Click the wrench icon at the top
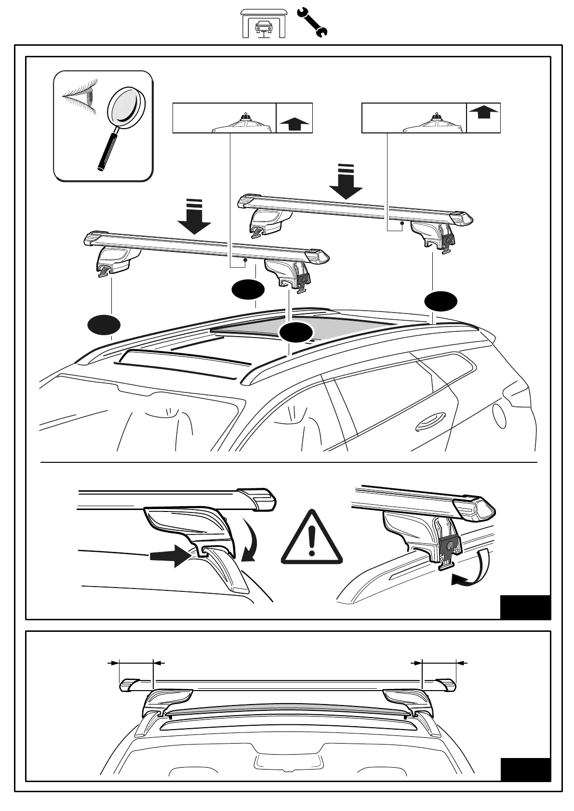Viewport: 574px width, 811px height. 312,22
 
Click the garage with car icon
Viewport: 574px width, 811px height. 263,23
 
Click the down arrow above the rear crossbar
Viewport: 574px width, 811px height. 345,182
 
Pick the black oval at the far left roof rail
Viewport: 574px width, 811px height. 104,325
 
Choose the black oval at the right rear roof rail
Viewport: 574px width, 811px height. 441,301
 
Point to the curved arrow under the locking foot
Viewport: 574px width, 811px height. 470,573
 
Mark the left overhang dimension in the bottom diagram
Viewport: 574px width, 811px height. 135,663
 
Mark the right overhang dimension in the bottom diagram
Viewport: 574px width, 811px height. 438,663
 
